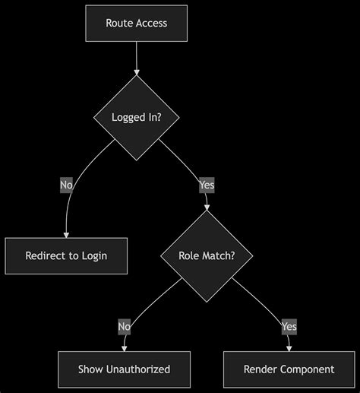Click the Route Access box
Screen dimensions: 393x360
pyautogui.click(x=137, y=23)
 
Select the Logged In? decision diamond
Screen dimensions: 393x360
pyautogui.click(x=137, y=117)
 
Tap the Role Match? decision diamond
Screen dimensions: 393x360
pyautogui.click(x=206, y=255)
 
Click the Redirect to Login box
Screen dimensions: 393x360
pyautogui.click(x=66, y=255)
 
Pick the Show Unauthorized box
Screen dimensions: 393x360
pyautogui.click(x=124, y=369)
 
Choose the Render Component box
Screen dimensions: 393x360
pyautogui.click(x=289, y=369)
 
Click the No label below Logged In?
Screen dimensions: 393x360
pyautogui.click(x=66, y=185)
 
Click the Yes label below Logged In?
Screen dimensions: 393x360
pyautogui.click(x=206, y=185)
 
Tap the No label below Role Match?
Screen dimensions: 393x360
pyautogui.click(x=124, y=327)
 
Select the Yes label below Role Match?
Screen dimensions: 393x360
pyautogui.click(x=289, y=327)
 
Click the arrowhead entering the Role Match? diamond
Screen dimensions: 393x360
pyautogui.click(x=206, y=206)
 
